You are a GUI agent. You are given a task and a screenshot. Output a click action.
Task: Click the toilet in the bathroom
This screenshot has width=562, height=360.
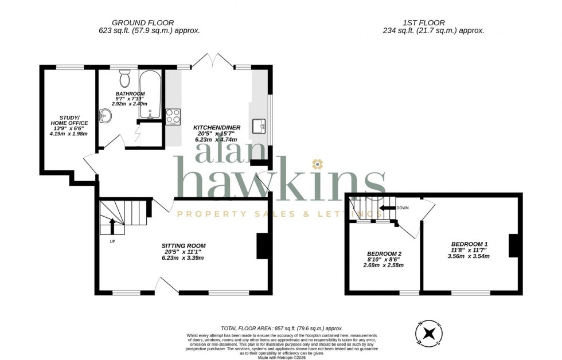click(x=125, y=78)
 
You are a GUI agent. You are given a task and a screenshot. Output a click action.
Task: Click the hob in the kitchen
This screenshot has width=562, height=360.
click(x=173, y=116)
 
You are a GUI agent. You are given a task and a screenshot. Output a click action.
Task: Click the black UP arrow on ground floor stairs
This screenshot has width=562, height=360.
click(x=112, y=226)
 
